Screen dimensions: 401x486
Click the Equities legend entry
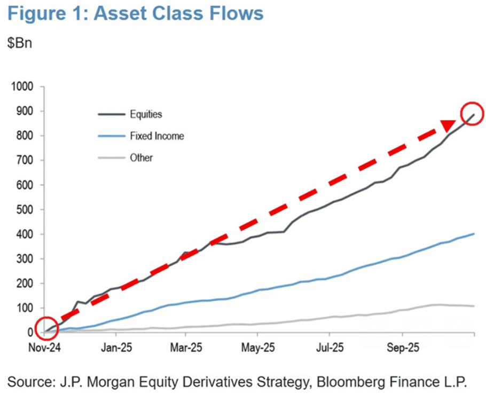pos(146,114)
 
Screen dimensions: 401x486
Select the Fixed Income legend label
pos(156,136)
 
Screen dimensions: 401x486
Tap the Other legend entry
pos(141,158)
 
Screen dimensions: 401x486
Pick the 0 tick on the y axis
pos(30,333)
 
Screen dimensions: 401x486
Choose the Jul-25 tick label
pos(329,349)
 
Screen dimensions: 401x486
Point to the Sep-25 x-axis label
pos(400,349)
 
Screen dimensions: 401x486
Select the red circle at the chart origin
pos(45,328)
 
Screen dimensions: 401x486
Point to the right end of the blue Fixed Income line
pos(474,233)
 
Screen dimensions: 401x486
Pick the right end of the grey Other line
pos(474,306)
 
